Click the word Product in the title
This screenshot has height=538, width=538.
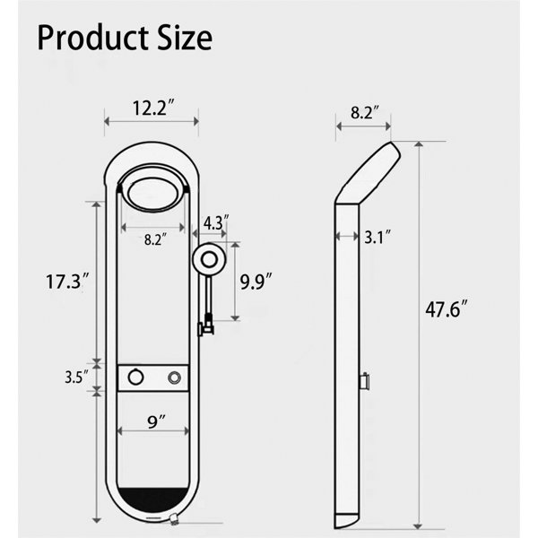tap(93, 38)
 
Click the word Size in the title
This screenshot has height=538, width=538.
tap(185, 38)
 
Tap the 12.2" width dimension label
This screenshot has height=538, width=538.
tap(154, 108)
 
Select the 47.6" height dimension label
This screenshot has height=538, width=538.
tap(447, 309)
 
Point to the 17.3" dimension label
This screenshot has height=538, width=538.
tap(68, 282)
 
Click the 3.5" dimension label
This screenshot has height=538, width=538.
tap(77, 377)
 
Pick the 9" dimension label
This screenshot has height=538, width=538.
tap(156, 421)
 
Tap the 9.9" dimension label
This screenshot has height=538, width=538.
tap(256, 282)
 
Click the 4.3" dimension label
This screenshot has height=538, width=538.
tap(216, 223)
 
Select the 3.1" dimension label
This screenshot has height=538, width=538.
tap(377, 237)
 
